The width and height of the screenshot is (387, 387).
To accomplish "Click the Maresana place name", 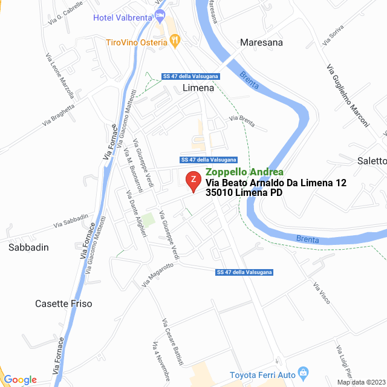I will point(261,42).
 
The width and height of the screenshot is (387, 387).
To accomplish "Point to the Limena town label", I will point(198,88).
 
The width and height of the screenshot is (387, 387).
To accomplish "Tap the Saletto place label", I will point(371,161).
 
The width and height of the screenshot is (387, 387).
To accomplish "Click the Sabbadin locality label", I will point(28,247).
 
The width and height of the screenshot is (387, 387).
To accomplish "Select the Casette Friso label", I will point(63,304).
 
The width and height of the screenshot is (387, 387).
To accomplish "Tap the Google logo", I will point(20,380).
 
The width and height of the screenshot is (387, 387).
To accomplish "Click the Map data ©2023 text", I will point(360,382).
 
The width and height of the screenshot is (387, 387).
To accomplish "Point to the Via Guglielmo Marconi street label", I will point(347,96).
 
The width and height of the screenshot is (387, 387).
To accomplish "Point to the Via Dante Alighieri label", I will point(135,214).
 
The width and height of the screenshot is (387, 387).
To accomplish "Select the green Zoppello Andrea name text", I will point(244,172).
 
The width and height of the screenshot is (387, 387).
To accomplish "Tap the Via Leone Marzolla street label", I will point(59,76).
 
